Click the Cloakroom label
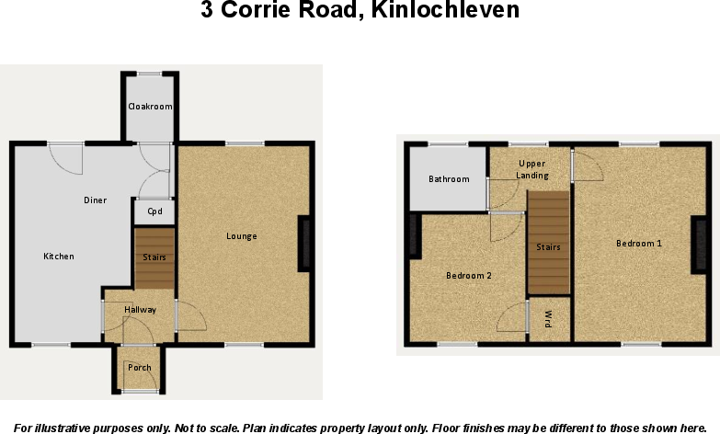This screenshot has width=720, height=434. coord(150,107)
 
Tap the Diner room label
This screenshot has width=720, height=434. coord(95,200)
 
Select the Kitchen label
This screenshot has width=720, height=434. coord(59,256)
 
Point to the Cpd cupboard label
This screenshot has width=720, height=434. coord(154,212)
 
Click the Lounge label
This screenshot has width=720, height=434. coord(242,236)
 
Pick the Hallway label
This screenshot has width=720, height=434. coord(141,310)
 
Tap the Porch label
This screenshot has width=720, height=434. coord(140,368)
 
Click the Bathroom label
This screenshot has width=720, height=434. coord(449,179)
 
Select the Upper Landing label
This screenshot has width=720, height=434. coord(532,169)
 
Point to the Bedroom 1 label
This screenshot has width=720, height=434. coord(639,244)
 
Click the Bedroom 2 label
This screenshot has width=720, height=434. coord(469,275)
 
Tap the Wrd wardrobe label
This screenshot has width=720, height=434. coord(548,321)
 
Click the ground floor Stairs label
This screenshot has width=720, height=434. coord(154,257)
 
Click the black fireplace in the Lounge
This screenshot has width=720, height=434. coord(304,245)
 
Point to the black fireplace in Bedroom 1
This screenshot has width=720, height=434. coord(699,246)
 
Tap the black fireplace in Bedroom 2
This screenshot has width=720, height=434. coord(414,236)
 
